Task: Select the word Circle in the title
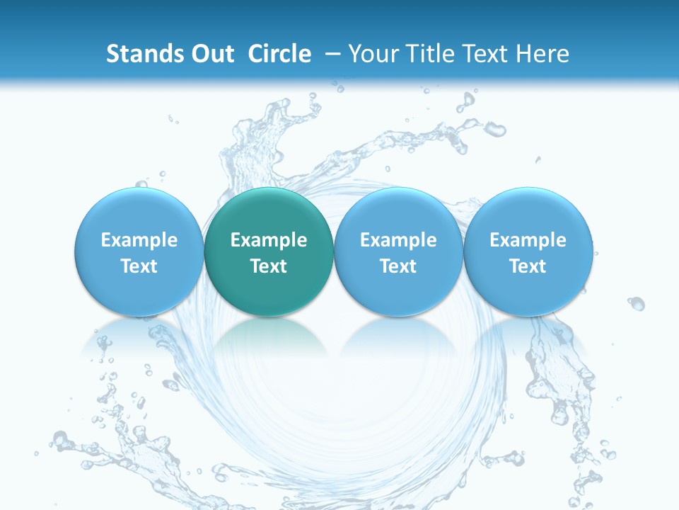point(279,54)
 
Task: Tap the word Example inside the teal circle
point(269,240)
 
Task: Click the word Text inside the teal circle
point(269,266)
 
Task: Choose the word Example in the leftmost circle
point(139,240)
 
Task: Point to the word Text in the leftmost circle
point(139,266)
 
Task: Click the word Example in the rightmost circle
point(528,240)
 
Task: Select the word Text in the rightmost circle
point(528,266)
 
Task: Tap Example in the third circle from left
point(398,240)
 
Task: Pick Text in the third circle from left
point(398,266)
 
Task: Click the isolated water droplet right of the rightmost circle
point(637,303)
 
